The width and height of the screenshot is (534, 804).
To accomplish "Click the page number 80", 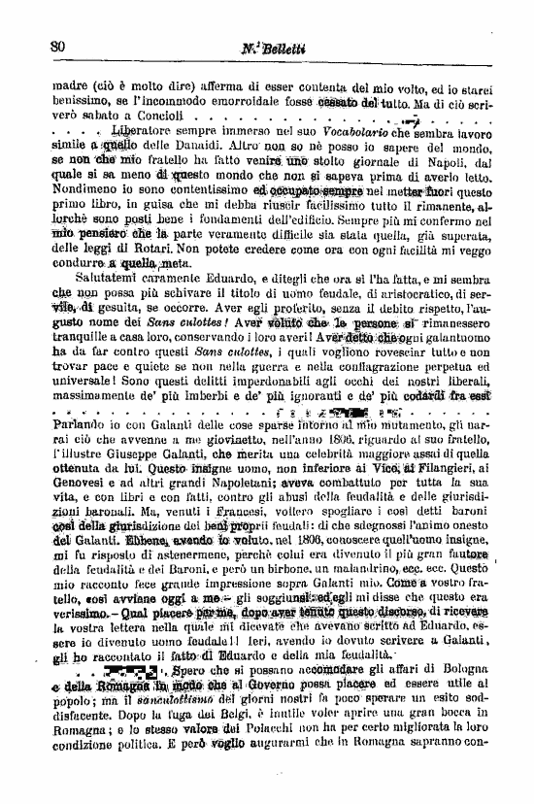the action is [x=56, y=47].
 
